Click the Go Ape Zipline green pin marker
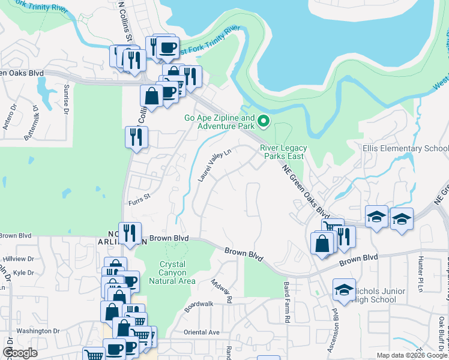click(263, 123)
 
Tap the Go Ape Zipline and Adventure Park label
click(219, 122)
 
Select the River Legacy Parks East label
click(283, 152)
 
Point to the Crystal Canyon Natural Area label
click(176, 272)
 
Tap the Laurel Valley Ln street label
click(215, 166)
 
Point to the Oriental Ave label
click(202, 332)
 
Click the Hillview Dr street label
click(22, 259)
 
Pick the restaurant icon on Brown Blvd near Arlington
click(130, 233)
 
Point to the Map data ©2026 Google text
click(411, 355)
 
